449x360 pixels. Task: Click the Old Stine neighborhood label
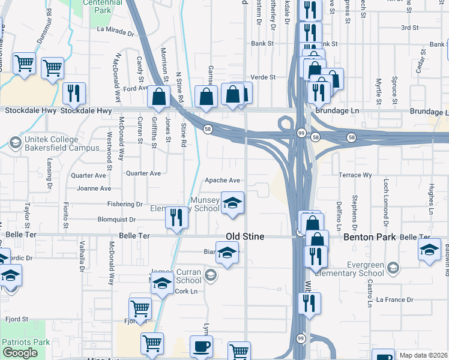point(244,237)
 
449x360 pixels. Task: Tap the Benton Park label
point(369,237)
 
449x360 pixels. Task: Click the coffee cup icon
point(201,347)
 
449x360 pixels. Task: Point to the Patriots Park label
point(25,342)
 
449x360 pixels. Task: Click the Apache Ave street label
point(222,180)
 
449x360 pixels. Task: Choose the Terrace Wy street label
point(356,175)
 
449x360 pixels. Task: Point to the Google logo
point(19,353)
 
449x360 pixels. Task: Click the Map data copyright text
point(423,355)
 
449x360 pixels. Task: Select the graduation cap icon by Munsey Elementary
point(232,203)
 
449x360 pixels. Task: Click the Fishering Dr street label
point(125,204)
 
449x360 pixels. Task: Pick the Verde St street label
point(262,77)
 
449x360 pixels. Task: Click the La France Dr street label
point(395,299)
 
